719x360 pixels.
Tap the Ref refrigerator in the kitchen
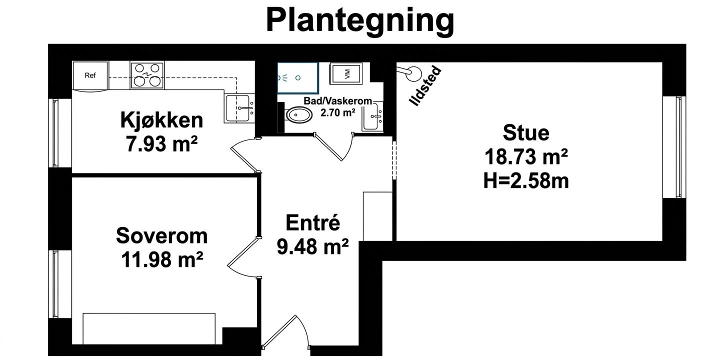90,75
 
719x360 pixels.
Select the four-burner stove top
147,75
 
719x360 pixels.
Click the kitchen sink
239,108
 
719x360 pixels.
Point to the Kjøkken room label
162,120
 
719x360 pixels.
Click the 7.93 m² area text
161,144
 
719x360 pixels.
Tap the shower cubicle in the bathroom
297,78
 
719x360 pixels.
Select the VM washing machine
346,73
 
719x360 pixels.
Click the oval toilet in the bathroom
298,115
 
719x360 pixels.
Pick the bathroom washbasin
372,116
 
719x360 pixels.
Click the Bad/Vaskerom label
337,101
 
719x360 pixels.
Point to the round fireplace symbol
413,74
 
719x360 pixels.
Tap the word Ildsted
425,85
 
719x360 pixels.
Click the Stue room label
526,132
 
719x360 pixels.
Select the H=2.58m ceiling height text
526,180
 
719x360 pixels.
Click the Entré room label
312,222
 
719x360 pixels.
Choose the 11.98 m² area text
162,259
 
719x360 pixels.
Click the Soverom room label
162,236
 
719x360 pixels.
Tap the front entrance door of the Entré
285,332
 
